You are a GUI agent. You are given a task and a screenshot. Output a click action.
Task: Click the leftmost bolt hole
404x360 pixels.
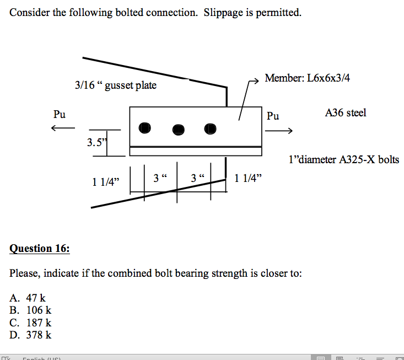(144, 128)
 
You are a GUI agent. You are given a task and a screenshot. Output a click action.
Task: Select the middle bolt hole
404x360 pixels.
(178, 129)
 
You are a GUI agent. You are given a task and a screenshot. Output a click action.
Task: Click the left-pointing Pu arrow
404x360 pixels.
(62, 128)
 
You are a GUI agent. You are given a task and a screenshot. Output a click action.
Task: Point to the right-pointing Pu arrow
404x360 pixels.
(278, 131)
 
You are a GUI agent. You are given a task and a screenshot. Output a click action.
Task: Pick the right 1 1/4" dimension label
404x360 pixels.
(248, 178)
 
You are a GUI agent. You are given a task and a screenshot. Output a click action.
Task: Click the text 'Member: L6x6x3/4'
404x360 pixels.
(307, 78)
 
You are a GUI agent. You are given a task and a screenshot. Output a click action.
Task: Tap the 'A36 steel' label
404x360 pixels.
(346, 113)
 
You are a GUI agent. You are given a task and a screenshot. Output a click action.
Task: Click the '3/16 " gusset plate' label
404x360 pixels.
(116, 85)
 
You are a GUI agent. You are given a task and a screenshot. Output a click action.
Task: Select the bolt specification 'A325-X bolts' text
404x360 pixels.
(368, 160)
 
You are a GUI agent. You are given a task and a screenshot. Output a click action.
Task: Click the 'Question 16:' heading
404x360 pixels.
(40, 249)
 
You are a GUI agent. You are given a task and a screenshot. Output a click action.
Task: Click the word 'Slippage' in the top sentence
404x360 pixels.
(224, 13)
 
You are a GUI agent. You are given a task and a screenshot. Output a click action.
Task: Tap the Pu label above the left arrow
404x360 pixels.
(59, 115)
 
